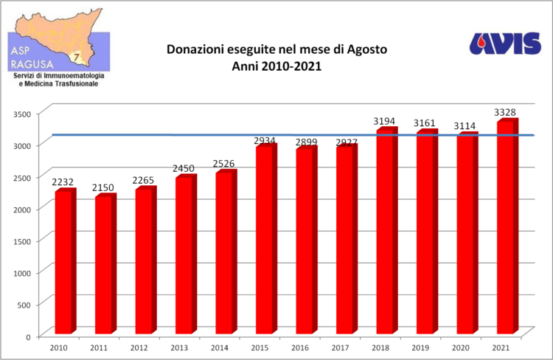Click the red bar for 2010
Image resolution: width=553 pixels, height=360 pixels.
tap(64, 262)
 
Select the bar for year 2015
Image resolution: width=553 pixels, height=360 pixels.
tap(265, 240)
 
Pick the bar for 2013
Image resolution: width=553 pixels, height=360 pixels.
tap(185, 255)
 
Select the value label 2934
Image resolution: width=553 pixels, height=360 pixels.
tap(265, 139)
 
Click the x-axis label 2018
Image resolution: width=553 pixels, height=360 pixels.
tap(380, 347)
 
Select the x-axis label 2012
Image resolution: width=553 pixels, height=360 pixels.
tap(139, 347)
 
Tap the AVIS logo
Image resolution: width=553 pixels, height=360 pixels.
tap(505, 44)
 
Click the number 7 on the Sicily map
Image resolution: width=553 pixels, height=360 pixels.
tap(75, 56)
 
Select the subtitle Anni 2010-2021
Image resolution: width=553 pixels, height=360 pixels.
tap(276, 66)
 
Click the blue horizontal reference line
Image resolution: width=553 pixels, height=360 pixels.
tap(295, 135)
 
